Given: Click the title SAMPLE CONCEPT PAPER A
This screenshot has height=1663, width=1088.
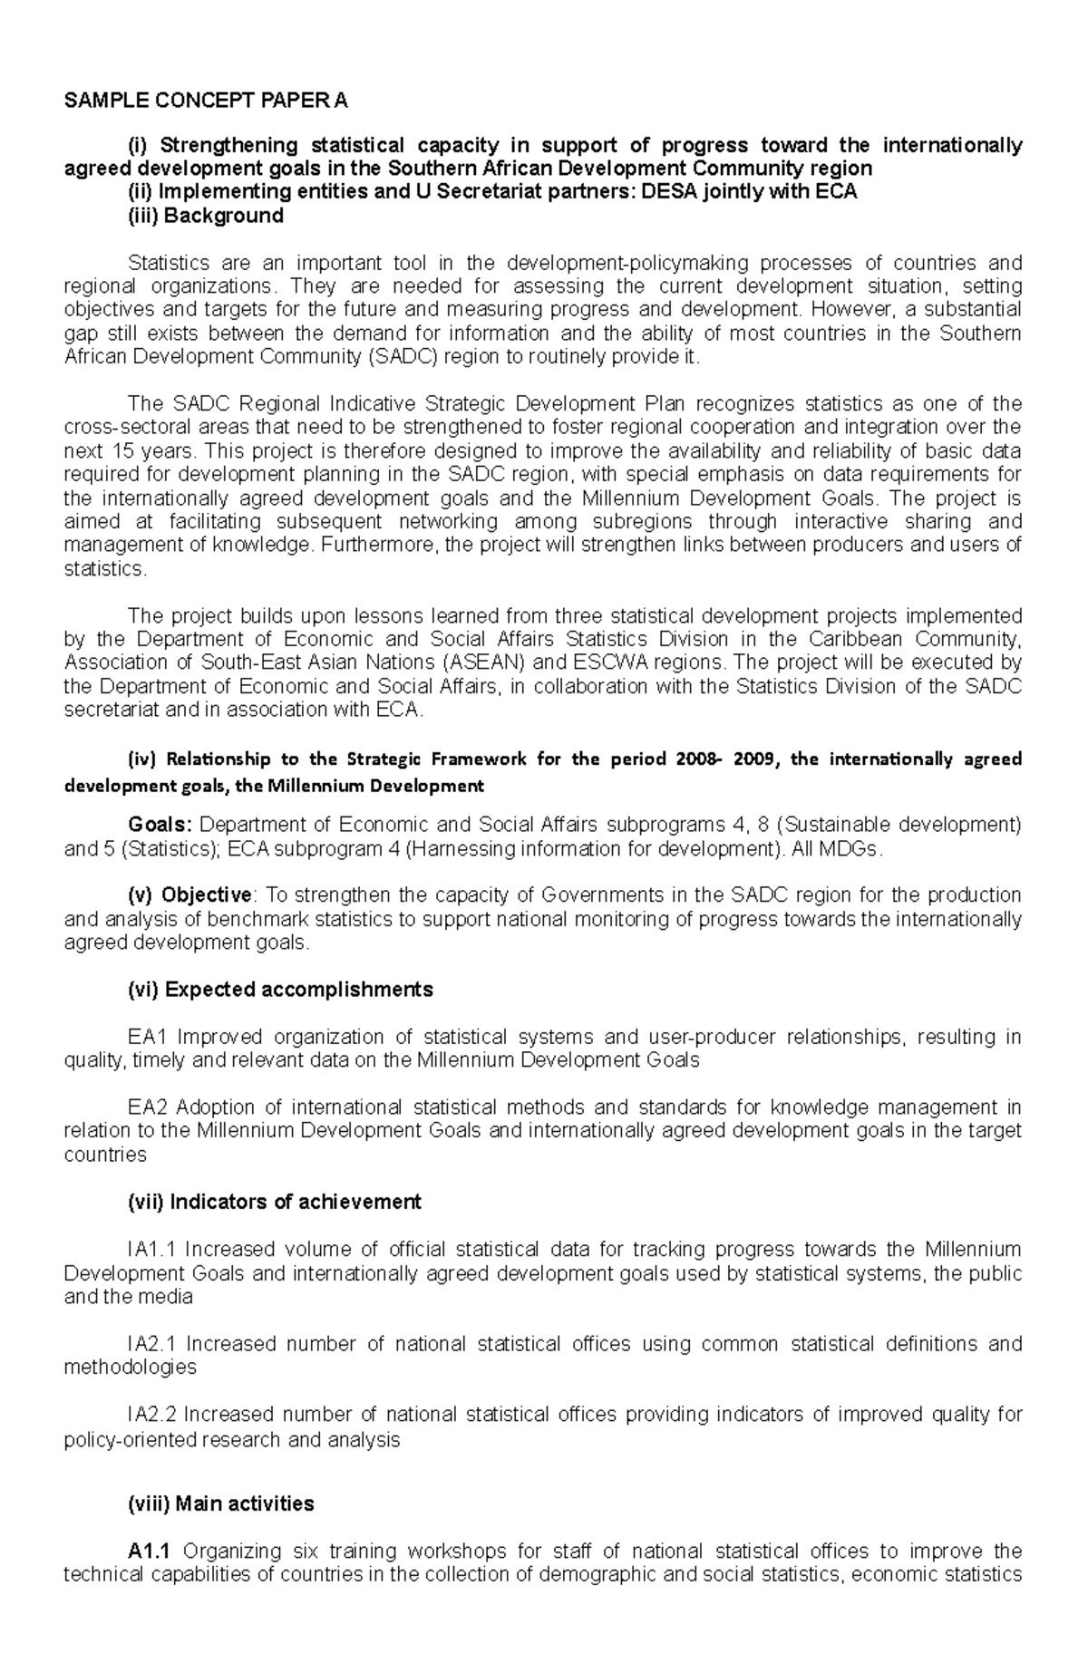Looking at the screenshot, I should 205,101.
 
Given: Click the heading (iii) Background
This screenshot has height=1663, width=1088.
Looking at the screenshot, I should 206,216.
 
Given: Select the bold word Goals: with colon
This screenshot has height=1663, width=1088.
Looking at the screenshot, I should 160,826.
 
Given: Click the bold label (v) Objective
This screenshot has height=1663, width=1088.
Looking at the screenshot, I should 189,895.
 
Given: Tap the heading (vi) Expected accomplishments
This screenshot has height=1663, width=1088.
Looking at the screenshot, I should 280,990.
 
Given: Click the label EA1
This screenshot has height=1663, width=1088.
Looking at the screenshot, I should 148,1037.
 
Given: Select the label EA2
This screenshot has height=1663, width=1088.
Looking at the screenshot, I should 148,1107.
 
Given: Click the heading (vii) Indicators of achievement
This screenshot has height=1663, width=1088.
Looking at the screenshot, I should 274,1202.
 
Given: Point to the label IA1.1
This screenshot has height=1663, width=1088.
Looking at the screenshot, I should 152,1250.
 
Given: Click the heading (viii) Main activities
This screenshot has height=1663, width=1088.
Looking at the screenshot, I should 220,1503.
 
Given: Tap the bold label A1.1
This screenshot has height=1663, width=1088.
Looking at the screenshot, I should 150,1552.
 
